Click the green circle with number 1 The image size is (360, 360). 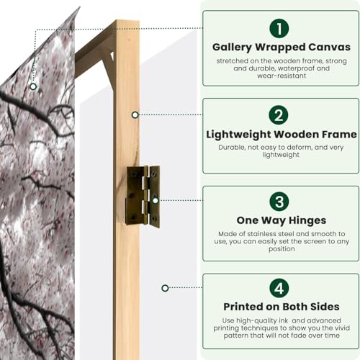[280, 28]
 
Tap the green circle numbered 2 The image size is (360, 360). [280, 115]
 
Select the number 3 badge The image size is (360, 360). [280, 202]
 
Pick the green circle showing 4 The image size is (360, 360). [280, 288]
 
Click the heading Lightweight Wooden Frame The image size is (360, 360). [280, 134]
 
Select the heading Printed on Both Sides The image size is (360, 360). [280, 307]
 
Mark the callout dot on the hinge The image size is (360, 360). [154, 201]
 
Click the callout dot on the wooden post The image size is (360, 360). [135, 114]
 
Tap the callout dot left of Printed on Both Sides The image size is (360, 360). [165, 288]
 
